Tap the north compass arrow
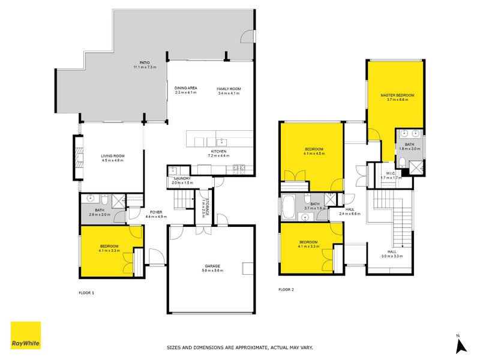(461, 344)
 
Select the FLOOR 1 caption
(87, 293)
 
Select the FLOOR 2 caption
(286, 290)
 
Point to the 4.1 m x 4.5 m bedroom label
(314, 154)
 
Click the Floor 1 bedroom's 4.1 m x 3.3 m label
(109, 250)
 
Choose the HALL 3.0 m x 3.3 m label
(392, 254)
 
